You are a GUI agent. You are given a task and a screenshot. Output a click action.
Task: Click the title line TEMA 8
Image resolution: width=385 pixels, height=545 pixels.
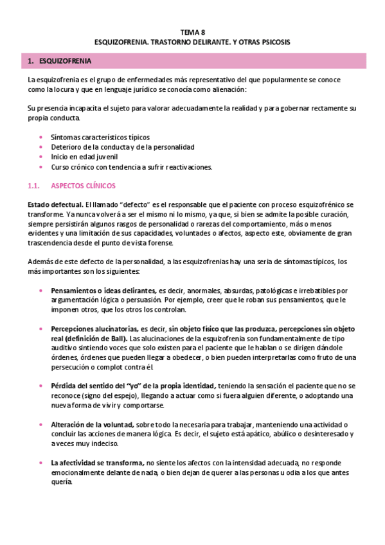(x=192, y=31)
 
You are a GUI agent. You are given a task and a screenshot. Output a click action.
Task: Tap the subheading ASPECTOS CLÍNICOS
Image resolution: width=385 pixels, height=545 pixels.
(x=83, y=186)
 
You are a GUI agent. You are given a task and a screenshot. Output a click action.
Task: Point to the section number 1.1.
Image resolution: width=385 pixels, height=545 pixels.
(x=35, y=186)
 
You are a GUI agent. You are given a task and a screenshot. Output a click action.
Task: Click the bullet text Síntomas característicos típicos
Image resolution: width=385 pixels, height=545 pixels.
(x=100, y=137)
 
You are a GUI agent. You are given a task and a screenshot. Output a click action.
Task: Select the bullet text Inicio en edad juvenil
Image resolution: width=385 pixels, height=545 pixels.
(x=84, y=156)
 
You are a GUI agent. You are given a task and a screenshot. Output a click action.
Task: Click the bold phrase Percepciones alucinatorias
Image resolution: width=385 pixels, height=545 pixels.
(x=94, y=328)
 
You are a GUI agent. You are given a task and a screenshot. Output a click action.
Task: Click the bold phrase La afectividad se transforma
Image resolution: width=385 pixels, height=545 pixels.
(x=97, y=463)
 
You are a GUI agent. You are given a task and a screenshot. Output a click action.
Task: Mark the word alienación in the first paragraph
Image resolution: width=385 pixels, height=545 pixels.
(x=218, y=89)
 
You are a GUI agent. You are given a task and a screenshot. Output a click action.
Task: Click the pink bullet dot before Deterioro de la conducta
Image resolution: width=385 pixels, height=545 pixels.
(x=41, y=147)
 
